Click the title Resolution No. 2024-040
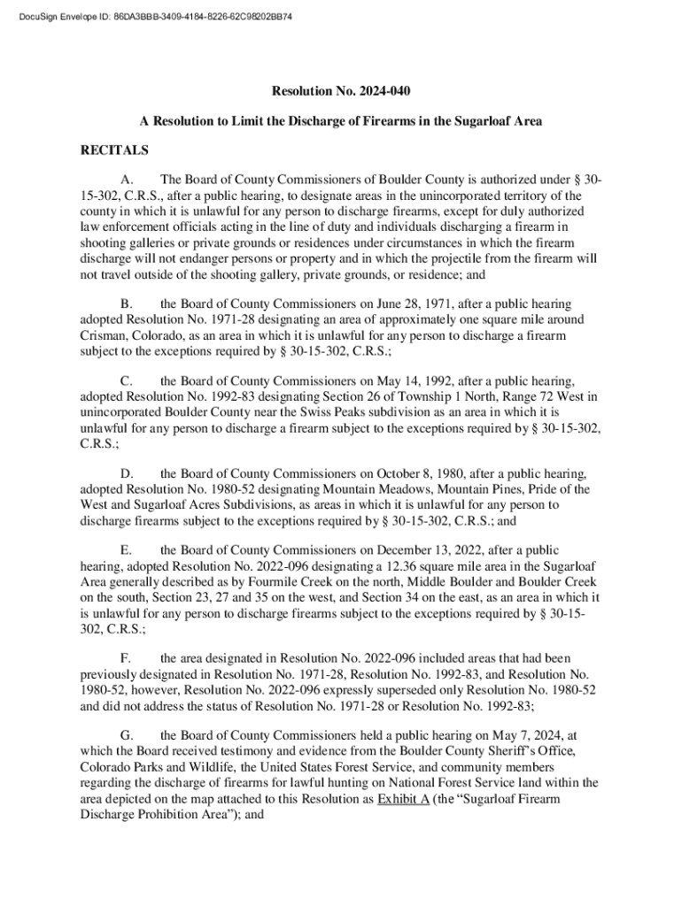[340, 91]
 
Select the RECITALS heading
[114, 150]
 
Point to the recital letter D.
[127, 473]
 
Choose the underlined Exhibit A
[403, 799]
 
